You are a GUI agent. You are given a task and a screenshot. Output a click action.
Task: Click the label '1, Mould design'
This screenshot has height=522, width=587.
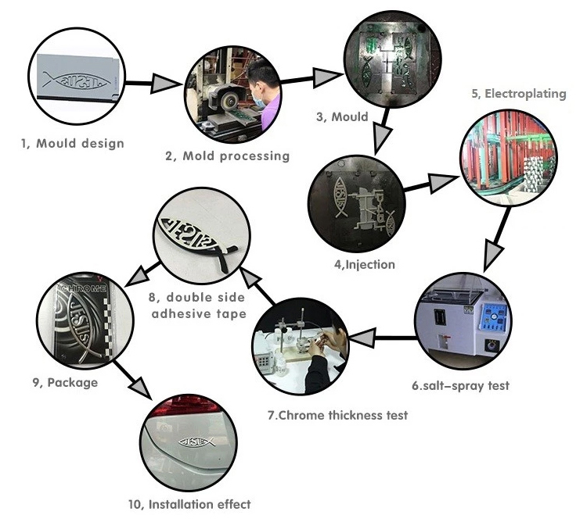pyautogui.click(x=72, y=144)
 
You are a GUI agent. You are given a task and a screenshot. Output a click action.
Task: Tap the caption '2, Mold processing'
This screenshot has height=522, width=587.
pyautogui.click(x=227, y=156)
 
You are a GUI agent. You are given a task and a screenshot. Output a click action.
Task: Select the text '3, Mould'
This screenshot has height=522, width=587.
pyautogui.click(x=341, y=117)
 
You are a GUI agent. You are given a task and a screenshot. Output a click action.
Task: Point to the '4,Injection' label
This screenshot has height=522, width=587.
pyautogui.click(x=365, y=264)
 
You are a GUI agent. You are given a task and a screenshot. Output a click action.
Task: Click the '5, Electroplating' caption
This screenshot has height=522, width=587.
pyautogui.click(x=517, y=94)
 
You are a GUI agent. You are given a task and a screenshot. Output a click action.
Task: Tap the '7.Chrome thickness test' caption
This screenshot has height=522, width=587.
pyautogui.click(x=337, y=415)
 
